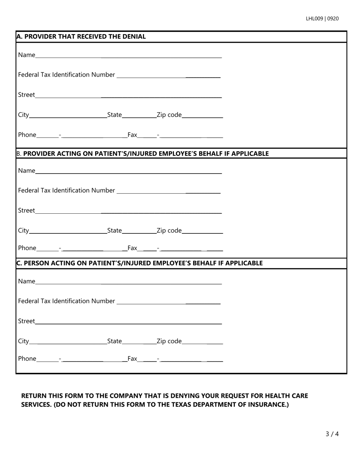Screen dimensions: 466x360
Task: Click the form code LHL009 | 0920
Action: (322, 19)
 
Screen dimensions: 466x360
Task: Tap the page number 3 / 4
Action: (332, 434)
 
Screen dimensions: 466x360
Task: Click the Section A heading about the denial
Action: (81, 37)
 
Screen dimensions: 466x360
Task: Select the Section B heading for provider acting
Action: (142, 153)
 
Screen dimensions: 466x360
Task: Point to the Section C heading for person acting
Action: (139, 263)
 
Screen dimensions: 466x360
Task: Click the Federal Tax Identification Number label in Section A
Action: (66, 75)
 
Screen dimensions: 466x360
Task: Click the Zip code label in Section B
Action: (169, 231)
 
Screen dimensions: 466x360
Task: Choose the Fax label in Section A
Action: (132, 135)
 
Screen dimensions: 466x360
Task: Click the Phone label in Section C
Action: (27, 358)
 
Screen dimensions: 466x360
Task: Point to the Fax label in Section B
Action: (132, 248)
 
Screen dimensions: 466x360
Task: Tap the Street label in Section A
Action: (27, 95)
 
